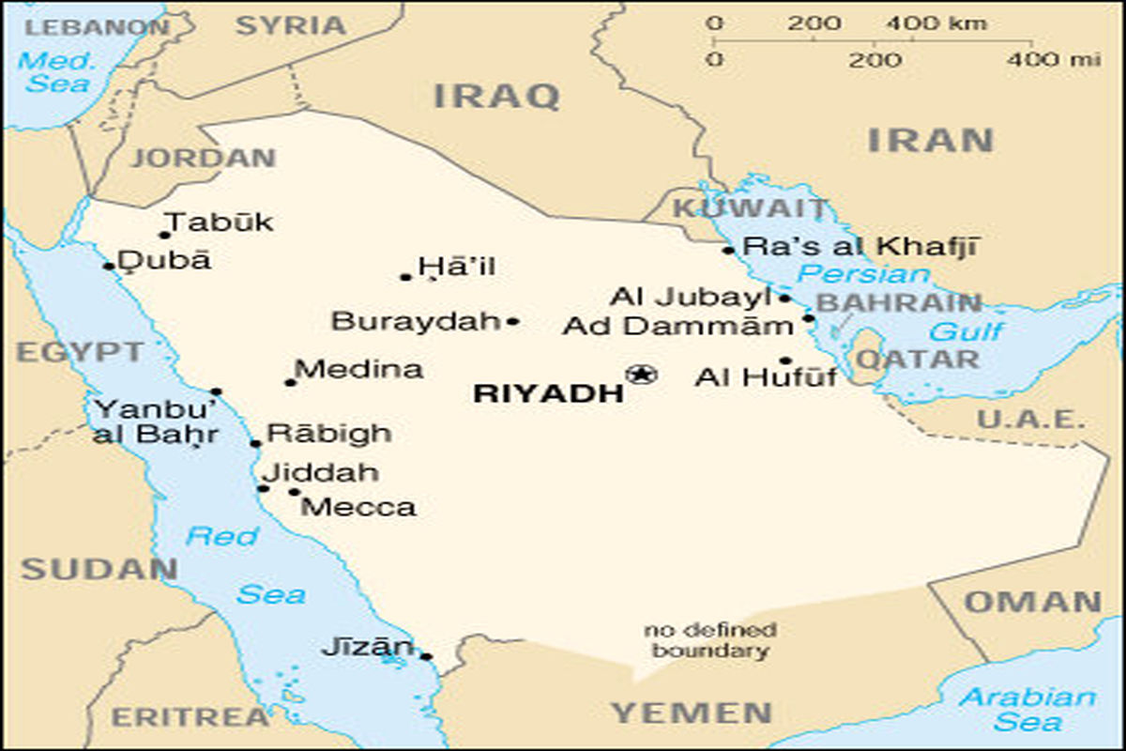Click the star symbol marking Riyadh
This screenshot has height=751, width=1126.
click(x=641, y=375)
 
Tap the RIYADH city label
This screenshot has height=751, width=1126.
click(x=548, y=393)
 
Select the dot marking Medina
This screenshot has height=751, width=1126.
click(x=291, y=382)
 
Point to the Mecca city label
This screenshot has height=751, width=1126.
click(x=358, y=508)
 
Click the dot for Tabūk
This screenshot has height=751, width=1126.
click(x=165, y=235)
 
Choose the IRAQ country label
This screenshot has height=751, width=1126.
click(x=496, y=95)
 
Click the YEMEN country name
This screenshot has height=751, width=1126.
click(x=692, y=713)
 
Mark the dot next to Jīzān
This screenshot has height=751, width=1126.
click(x=426, y=656)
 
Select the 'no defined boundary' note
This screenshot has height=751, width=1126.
click(x=710, y=639)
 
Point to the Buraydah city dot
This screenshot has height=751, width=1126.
click(x=512, y=322)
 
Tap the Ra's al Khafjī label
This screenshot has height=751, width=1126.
click(x=860, y=247)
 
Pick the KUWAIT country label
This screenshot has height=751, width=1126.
click(x=750, y=208)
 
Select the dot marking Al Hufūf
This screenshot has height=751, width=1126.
click(x=785, y=360)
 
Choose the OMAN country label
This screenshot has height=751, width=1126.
click(x=1032, y=602)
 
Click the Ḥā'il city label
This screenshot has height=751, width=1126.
click(x=457, y=268)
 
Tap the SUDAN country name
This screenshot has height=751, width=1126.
click(x=99, y=568)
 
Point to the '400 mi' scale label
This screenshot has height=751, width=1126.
click(x=1054, y=60)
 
